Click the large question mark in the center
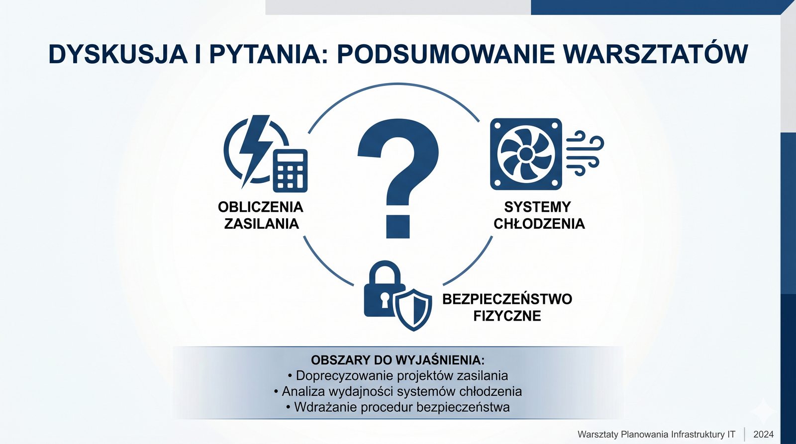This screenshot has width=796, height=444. [x=398, y=178]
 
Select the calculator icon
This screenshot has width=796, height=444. [x=290, y=171]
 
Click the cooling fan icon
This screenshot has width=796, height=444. [x=526, y=154]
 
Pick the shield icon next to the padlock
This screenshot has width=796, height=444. [x=413, y=310]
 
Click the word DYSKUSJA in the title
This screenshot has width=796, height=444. [x=118, y=54]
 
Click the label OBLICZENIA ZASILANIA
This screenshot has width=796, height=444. [x=261, y=215]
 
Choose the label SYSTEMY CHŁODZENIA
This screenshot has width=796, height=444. [x=539, y=215]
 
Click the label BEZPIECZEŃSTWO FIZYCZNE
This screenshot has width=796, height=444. [x=507, y=307]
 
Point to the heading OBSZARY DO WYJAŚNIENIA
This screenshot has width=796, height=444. [x=398, y=360]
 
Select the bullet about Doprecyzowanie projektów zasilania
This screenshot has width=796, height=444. [x=398, y=375]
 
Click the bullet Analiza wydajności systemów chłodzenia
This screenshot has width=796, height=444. [x=398, y=391]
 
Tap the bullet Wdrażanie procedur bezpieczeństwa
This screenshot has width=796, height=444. [x=398, y=407]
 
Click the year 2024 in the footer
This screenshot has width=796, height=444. [x=763, y=435]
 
